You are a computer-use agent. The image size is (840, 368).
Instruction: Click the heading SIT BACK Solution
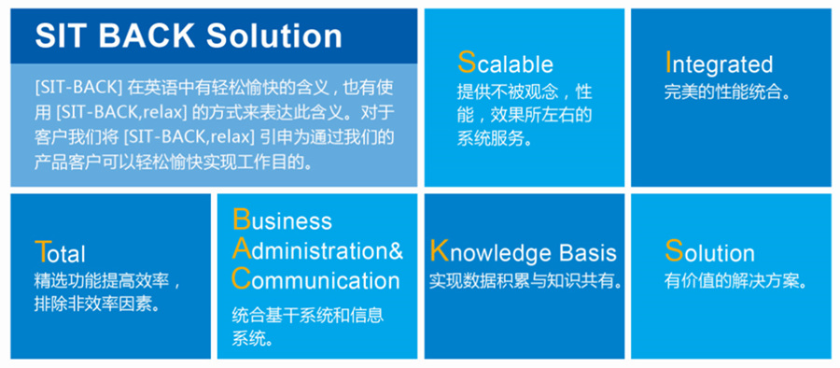[189, 35]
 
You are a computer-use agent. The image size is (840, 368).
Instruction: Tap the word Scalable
[505, 63]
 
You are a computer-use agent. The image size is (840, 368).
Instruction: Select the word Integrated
[719, 64]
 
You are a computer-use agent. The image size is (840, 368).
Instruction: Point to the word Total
[60, 252]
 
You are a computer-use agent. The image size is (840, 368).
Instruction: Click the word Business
[282, 219]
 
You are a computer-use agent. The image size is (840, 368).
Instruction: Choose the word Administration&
[317, 249]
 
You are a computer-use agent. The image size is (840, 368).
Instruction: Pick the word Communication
[316, 279]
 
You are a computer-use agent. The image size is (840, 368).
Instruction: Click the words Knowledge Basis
[524, 252]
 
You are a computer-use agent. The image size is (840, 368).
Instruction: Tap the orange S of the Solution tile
[674, 250]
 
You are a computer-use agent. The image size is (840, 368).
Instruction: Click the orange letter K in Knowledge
[440, 251]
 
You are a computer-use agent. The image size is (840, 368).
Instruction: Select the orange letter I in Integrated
[668, 63]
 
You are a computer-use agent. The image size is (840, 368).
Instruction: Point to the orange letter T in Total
[42, 251]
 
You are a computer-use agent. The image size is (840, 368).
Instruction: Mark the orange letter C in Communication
[242, 279]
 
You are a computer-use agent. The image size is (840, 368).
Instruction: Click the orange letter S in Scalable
[467, 63]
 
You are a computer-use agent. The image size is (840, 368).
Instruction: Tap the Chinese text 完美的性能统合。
[728, 92]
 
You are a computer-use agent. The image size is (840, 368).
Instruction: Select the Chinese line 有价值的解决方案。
[735, 281]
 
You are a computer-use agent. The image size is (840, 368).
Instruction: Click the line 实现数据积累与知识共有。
[525, 281]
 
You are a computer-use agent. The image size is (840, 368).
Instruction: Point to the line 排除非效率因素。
[99, 304]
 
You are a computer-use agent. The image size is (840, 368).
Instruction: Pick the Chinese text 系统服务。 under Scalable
[495, 138]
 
